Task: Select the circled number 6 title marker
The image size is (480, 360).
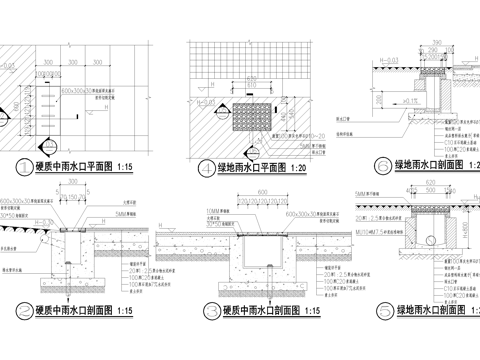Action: (379, 166)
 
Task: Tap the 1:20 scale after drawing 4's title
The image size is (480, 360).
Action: (305, 169)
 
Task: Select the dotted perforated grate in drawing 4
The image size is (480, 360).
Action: (253, 113)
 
